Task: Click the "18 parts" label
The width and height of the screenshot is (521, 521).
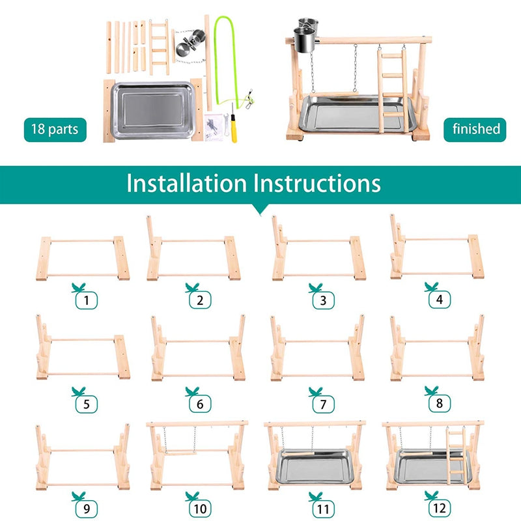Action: click(x=55, y=129)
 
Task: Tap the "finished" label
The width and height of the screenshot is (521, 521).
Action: click(x=476, y=129)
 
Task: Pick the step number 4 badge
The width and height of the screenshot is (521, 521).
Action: click(x=440, y=300)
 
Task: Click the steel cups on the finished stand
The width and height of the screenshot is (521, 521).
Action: click(x=306, y=36)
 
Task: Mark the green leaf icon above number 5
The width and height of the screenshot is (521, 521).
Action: click(x=79, y=391)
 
